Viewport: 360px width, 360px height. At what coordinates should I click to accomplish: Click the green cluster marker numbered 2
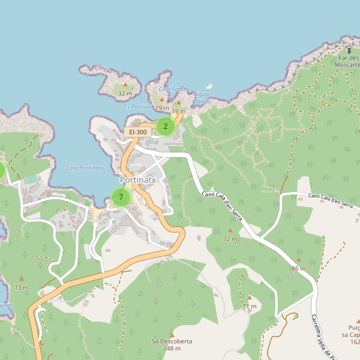[166, 127]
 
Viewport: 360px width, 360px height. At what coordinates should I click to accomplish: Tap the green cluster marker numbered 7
[121, 197]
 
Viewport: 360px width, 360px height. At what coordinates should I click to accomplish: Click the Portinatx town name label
[137, 179]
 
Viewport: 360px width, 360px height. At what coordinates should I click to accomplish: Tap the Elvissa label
[103, 70]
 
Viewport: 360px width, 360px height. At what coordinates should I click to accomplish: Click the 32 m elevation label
[125, 94]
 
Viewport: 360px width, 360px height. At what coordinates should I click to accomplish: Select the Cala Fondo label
[173, 89]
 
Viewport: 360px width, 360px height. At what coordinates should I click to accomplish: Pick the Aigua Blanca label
[202, 98]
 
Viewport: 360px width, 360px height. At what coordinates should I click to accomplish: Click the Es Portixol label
[137, 106]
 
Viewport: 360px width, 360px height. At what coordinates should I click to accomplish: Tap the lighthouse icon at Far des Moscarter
[349, 49]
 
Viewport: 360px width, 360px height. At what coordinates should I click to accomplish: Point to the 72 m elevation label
[230, 239]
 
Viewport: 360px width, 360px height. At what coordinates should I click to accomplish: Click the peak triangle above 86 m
[298, 260]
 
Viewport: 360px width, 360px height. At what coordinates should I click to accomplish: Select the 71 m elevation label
[250, 307]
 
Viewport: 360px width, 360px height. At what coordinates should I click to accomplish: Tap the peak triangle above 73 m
[22, 278]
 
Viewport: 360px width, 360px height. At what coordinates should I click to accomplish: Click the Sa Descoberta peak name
[172, 341]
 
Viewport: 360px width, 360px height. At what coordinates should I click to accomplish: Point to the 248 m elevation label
[172, 349]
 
